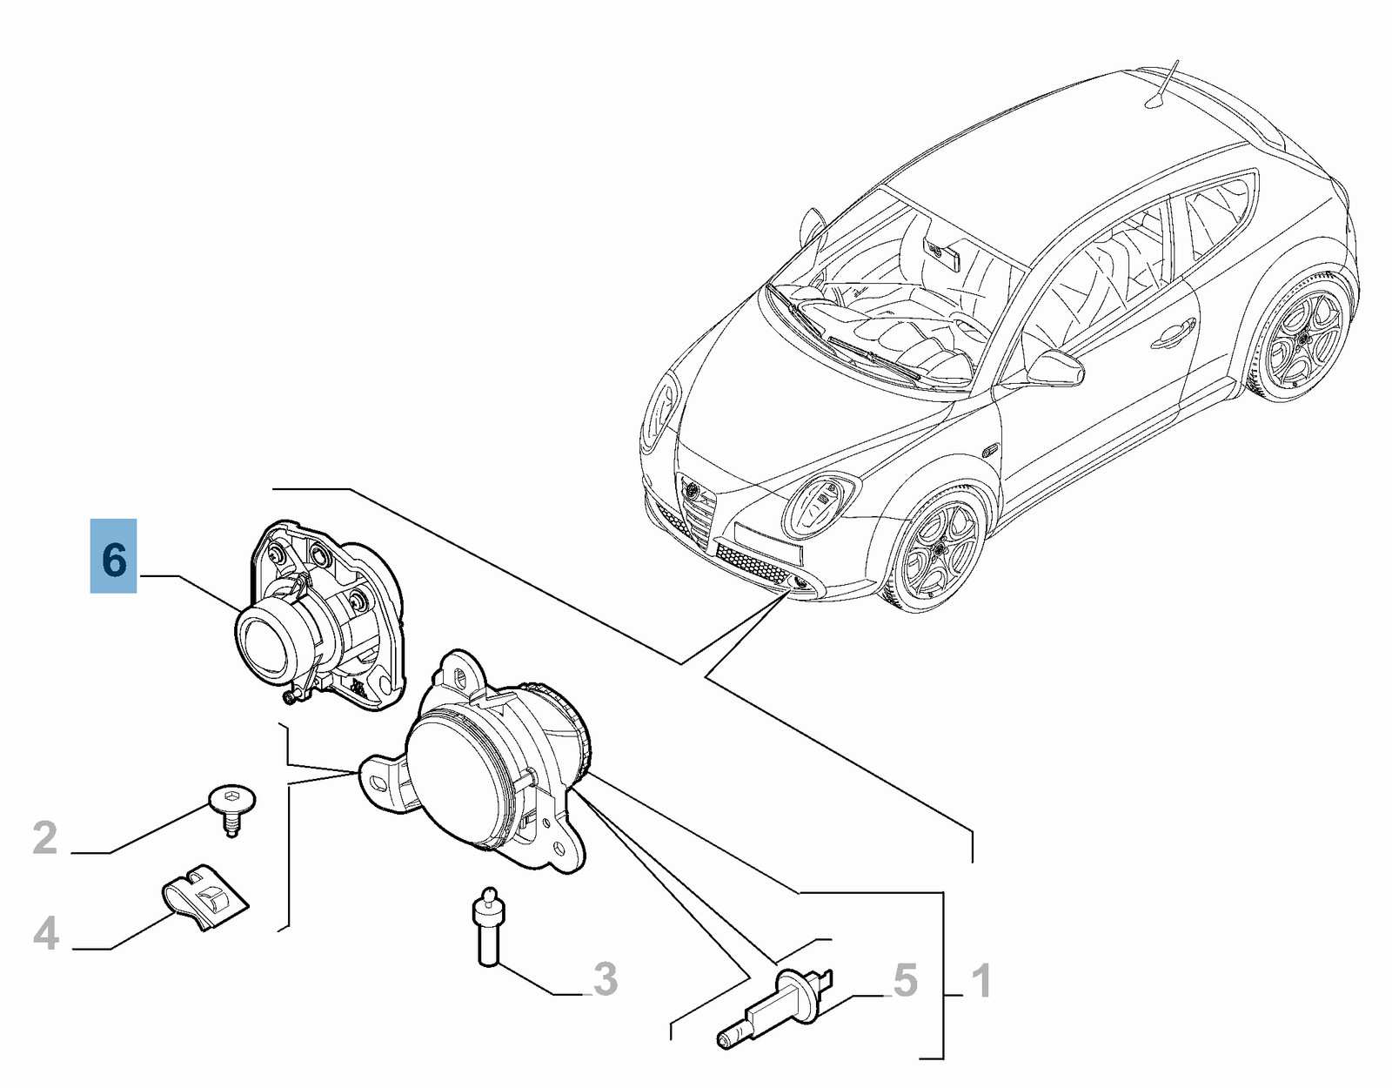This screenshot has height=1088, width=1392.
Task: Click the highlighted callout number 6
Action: click(113, 555)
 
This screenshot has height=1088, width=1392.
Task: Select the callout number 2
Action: click(45, 838)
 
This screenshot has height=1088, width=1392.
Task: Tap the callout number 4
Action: click(46, 934)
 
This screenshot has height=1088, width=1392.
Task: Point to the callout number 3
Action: click(605, 980)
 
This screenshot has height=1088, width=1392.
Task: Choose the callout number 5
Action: click(906, 980)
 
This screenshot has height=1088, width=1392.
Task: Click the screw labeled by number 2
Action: click(232, 809)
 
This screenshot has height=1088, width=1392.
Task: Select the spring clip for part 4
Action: click(203, 896)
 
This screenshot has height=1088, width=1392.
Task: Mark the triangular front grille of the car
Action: click(696, 507)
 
